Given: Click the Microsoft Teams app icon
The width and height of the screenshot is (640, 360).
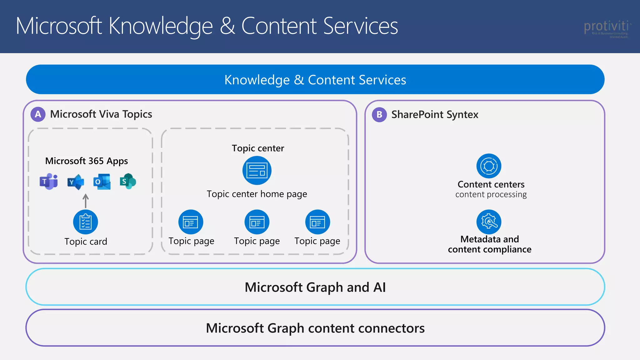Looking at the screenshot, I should pyautogui.click(x=49, y=182).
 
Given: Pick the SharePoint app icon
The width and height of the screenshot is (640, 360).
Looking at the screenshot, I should pyautogui.click(x=128, y=182).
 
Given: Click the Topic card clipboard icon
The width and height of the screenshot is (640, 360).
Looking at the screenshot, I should pyautogui.click(x=85, y=222).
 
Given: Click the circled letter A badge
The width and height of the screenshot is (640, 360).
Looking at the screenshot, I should pyautogui.click(x=38, y=114).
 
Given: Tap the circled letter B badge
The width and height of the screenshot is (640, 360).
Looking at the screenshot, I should pyautogui.click(x=379, y=115).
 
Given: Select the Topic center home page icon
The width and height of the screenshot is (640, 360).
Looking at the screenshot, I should pyautogui.click(x=257, y=171).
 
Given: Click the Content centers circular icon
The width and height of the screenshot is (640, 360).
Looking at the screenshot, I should pyautogui.click(x=489, y=166).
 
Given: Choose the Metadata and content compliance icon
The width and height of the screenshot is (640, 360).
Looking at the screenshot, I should pyautogui.click(x=489, y=222).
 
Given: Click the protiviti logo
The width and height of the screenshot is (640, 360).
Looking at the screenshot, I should pyautogui.click(x=606, y=28).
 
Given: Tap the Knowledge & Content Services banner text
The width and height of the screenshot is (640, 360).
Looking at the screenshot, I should pyautogui.click(x=315, y=80).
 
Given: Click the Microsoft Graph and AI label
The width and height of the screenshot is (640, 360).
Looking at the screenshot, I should pyautogui.click(x=315, y=287).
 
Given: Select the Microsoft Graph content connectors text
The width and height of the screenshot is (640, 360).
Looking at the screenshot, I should pyautogui.click(x=315, y=328).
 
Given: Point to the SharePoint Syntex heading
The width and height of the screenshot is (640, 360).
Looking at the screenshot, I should pyautogui.click(x=435, y=115).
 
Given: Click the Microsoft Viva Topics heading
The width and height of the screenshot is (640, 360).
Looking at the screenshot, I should pyautogui.click(x=101, y=114).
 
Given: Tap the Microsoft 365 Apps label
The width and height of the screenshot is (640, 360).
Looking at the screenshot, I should pyautogui.click(x=87, y=161).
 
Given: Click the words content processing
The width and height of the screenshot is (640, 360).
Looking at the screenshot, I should pyautogui.click(x=491, y=195).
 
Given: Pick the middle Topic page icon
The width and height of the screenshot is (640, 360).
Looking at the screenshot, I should pyautogui.click(x=257, y=222).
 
